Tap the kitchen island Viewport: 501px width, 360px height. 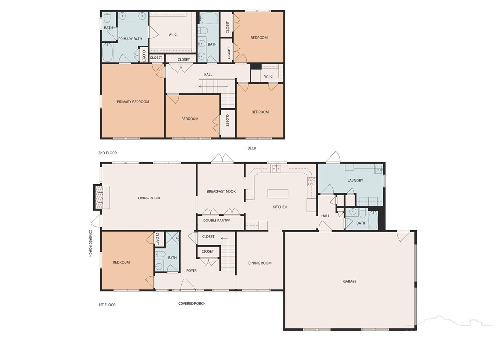coord(278,194)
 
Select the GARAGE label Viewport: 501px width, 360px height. coord(350,281)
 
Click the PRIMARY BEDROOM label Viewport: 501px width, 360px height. coord(133,102)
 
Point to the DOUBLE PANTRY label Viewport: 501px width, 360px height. coord(216,221)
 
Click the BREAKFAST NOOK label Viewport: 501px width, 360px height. coord(221,191)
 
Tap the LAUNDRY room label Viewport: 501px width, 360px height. coord(355,180)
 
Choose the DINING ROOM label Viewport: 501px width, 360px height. coord(260,263)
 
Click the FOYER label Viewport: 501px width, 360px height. coord(192,270)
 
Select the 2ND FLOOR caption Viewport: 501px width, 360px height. coord(107,153)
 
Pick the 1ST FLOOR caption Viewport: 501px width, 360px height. coord(107,305)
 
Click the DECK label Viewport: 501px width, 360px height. coord(251,148)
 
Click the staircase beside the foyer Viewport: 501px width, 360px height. coord(228,254)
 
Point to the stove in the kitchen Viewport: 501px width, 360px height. coord(311,182)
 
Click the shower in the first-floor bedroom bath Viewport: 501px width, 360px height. coord(172,238)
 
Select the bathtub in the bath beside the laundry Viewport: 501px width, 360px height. coord(373,221)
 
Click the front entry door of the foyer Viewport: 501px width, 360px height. coord(188,285)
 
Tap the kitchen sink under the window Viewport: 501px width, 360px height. coord(276,168)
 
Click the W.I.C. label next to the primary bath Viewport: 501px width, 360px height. coord(173,35)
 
